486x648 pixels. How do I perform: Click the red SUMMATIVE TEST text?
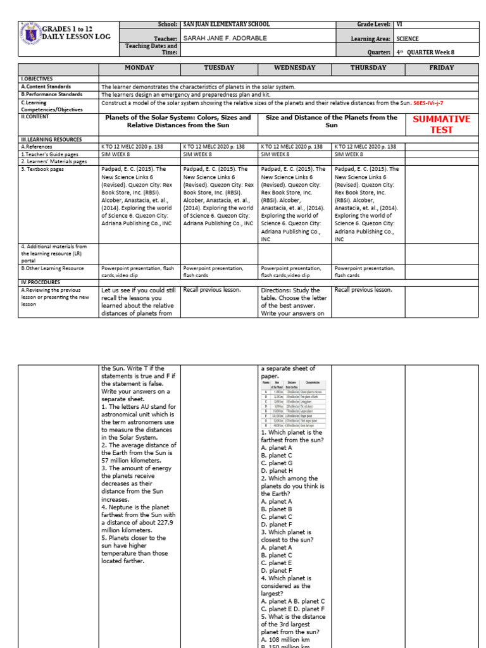point(442,124)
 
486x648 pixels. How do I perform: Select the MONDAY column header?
point(139,68)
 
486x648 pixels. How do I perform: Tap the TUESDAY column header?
point(219,68)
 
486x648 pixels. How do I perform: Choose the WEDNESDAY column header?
point(295,68)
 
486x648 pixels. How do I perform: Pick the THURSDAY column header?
point(368,68)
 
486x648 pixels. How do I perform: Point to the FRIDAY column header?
point(441,68)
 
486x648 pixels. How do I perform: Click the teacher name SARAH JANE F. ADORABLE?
point(225,39)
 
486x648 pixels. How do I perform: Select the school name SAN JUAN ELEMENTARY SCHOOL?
point(225,24)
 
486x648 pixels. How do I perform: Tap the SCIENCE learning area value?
point(408,39)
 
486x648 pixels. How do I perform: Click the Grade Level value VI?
point(399,24)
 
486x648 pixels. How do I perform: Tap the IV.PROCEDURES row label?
point(40,282)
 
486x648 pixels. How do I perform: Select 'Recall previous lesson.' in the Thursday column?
point(363,290)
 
